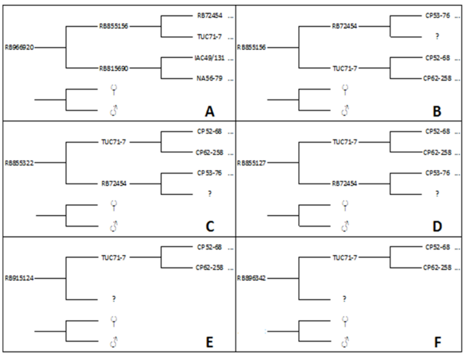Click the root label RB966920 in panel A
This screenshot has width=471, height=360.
point(19,48)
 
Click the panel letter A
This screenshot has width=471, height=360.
point(209,111)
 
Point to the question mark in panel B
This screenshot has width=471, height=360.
point(437,37)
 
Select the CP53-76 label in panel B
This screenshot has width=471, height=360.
point(438,16)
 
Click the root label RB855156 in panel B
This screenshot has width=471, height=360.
point(252,48)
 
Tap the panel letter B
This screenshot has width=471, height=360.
point(437,111)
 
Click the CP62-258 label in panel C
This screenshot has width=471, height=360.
point(209,152)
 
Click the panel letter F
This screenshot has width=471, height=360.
point(437,342)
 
